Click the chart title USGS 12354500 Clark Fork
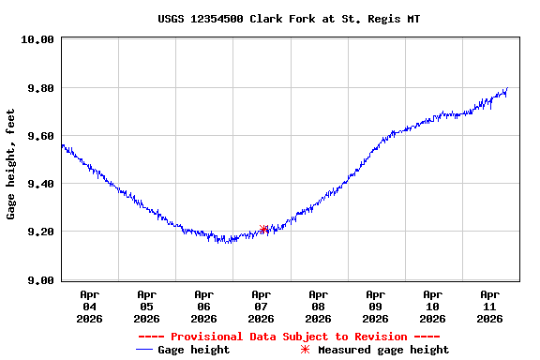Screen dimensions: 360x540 (x=288, y=19)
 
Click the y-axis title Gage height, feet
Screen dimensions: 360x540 (x=11, y=164)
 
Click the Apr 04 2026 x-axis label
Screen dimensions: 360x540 (x=89, y=307)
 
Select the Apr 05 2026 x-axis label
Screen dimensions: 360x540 (x=146, y=307)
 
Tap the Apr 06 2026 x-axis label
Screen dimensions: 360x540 (x=203, y=307)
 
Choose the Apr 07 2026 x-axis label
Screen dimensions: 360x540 (x=261, y=307)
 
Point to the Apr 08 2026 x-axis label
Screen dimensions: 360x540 (x=318, y=307)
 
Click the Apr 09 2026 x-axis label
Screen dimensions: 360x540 (x=375, y=307)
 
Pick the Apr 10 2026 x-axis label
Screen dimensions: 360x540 (x=432, y=307)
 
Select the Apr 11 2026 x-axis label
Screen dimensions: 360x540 (x=489, y=307)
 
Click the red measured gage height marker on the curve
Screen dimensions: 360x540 (x=264, y=229)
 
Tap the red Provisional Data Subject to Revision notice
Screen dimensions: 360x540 (x=289, y=337)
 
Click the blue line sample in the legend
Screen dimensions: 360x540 (x=144, y=350)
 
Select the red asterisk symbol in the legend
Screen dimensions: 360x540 (x=304, y=350)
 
